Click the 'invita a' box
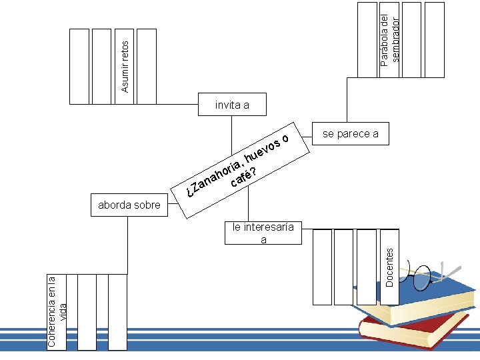point(232,105)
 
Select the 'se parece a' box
point(351,134)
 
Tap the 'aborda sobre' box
point(129,205)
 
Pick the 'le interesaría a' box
point(263,233)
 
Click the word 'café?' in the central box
point(243,177)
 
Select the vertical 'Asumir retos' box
point(124,67)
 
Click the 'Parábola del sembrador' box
point(389,40)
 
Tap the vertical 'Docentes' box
point(390,267)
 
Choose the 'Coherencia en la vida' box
point(57,312)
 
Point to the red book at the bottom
point(414,332)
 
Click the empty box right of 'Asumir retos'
point(147,67)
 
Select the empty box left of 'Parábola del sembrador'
point(367,40)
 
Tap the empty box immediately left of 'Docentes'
point(367,267)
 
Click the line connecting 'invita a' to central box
point(232,135)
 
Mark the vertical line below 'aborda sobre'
point(127,245)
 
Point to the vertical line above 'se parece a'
point(347,100)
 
